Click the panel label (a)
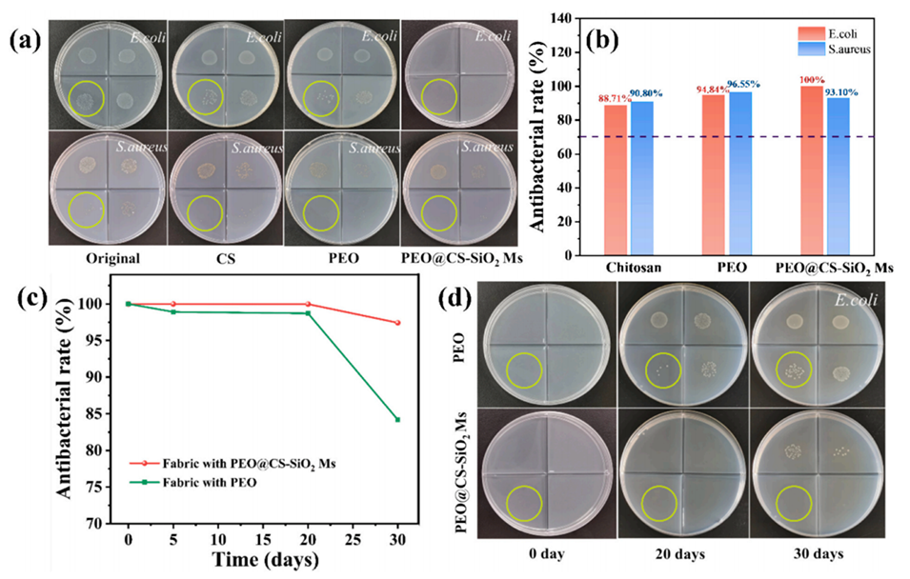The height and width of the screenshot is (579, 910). tap(24, 41)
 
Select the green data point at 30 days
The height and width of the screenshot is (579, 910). tap(397, 419)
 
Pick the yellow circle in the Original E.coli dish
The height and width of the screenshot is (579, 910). tap(88, 98)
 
